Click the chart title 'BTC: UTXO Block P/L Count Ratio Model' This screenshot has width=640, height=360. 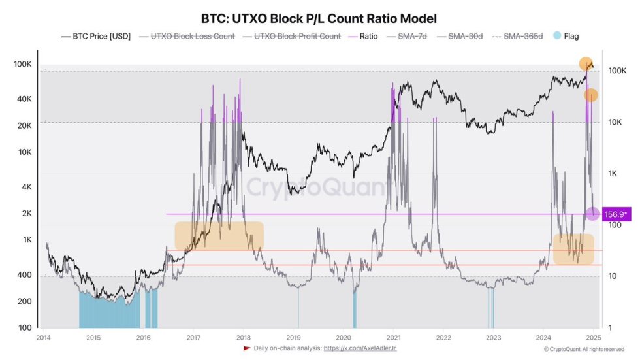click(x=319, y=19)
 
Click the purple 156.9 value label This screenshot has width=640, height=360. click(x=616, y=214)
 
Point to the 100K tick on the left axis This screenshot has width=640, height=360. click(x=22, y=64)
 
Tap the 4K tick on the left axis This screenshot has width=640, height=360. click(x=26, y=186)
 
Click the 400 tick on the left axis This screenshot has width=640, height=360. click(x=24, y=275)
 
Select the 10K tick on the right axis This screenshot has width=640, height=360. click(x=616, y=122)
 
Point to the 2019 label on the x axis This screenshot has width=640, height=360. click(x=293, y=338)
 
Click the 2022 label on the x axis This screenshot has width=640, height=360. click(x=443, y=338)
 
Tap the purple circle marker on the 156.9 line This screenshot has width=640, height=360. click(x=592, y=214)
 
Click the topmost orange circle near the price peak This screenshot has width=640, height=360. click(x=586, y=63)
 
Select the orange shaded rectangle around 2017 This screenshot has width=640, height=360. click(x=219, y=236)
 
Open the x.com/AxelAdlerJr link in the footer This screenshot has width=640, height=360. click(x=360, y=348)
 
